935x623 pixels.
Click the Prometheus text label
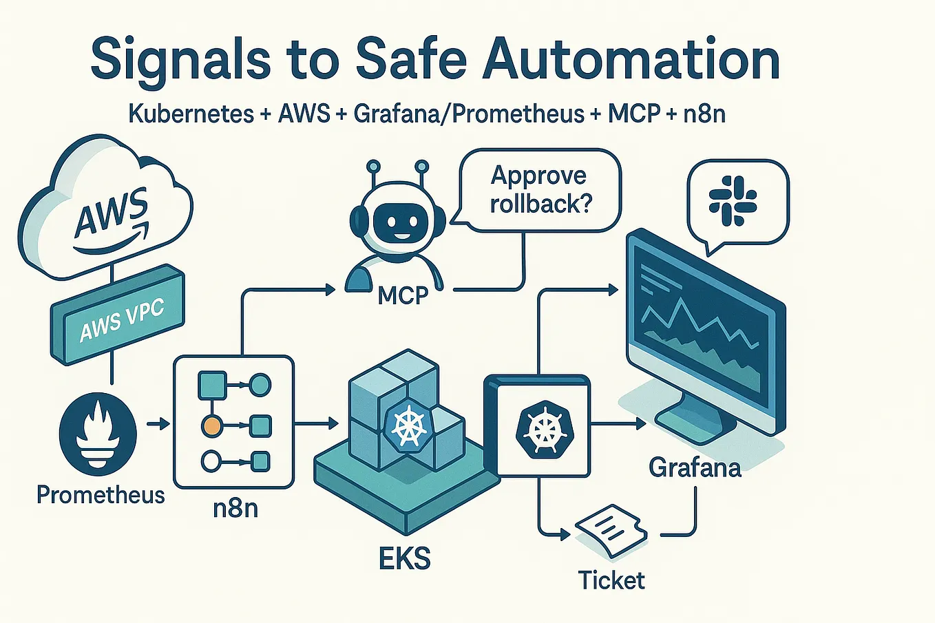pyautogui.click(x=101, y=495)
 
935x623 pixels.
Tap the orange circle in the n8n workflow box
pyautogui.click(x=211, y=426)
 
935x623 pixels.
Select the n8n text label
pyautogui.click(x=235, y=508)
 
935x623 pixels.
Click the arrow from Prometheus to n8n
pyautogui.click(x=158, y=424)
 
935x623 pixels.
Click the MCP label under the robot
pyautogui.click(x=403, y=296)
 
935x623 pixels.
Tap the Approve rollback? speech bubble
pyautogui.click(x=540, y=190)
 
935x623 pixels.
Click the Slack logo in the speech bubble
pyautogui.click(x=733, y=200)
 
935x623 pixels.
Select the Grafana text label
pyautogui.click(x=695, y=468)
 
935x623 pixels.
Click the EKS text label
pyautogui.click(x=405, y=558)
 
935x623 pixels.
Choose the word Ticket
pyautogui.click(x=611, y=580)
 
